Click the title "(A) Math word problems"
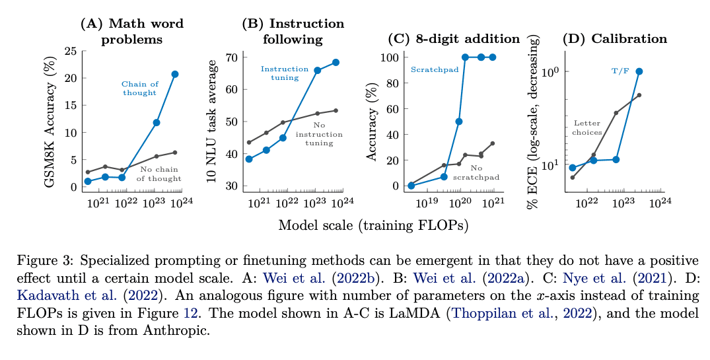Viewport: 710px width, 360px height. point(131,31)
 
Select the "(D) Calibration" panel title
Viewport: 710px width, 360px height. point(614,39)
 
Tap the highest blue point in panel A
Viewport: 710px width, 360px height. point(175,74)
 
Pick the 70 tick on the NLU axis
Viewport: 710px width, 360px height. point(232,57)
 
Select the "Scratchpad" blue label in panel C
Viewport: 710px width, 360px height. point(430,69)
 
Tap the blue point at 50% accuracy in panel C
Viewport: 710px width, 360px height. point(459,122)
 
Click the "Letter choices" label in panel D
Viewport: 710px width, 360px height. point(587,127)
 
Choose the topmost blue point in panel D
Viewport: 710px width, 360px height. point(639,71)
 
